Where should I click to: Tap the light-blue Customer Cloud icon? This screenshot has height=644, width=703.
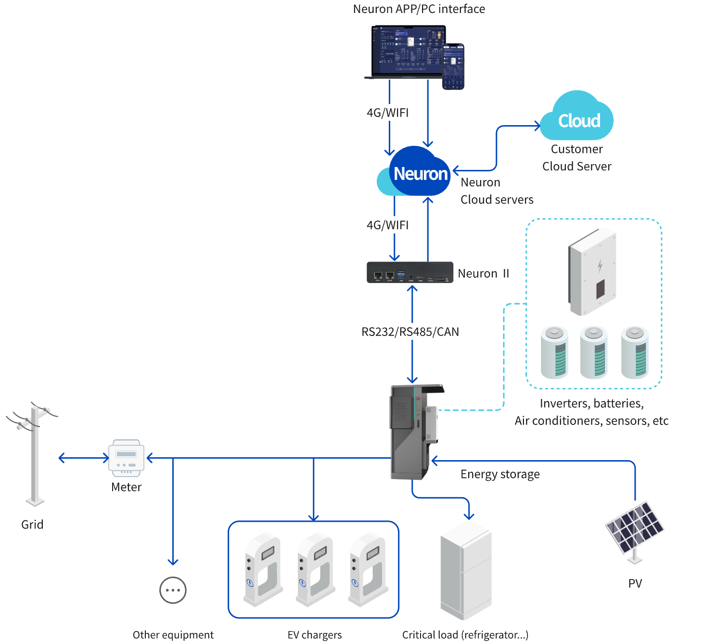pyautogui.click(x=577, y=118)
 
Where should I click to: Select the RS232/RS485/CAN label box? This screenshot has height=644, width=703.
pyautogui.click(x=409, y=332)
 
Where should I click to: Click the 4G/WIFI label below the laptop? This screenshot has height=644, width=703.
pyautogui.click(x=387, y=113)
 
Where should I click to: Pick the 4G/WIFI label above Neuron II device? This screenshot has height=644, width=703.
pyautogui.click(x=387, y=225)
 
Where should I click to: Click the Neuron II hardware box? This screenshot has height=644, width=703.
pyautogui.click(x=410, y=272)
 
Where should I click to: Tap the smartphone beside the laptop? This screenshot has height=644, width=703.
pyautogui.click(x=453, y=66)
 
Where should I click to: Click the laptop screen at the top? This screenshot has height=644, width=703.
pyautogui.click(x=407, y=51)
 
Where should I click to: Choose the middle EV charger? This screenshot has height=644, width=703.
pyautogui.click(x=315, y=568)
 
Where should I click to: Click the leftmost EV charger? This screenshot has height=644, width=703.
pyautogui.click(x=262, y=568)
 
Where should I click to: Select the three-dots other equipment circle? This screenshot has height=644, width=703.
pyautogui.click(x=173, y=590)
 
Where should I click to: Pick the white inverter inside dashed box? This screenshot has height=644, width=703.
pyautogui.click(x=592, y=272)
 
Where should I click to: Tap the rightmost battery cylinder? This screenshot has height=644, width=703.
pyautogui.click(x=635, y=352)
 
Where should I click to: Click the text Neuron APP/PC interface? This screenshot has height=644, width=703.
pyautogui.click(x=419, y=9)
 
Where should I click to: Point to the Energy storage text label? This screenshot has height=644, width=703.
pyautogui.click(x=500, y=474)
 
